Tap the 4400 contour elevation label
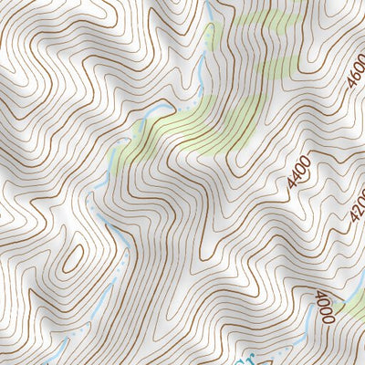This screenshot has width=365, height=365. click(298, 173)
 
